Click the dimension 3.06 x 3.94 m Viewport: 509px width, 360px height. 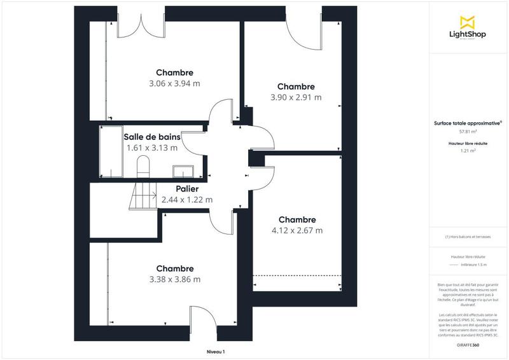point(174,83)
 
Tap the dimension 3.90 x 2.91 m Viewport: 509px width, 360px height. point(296,97)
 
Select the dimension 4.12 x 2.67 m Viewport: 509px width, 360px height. point(297,230)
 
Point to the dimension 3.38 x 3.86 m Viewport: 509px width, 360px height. point(174,279)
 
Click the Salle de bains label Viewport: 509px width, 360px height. point(152,137)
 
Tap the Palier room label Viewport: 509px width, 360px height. point(187,189)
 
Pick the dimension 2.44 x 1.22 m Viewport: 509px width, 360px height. point(187,200)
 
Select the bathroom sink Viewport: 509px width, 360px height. point(186,170)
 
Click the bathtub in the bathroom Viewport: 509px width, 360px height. point(110,151)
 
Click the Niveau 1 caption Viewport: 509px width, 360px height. point(216,352)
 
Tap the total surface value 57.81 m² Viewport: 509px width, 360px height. point(468,132)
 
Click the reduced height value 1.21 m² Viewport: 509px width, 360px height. point(468,151)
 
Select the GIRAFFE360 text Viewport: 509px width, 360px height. point(468,344)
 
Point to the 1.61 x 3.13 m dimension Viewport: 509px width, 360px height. point(152,148)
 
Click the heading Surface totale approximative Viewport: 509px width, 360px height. point(468,123)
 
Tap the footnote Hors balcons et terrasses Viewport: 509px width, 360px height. point(468,237)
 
